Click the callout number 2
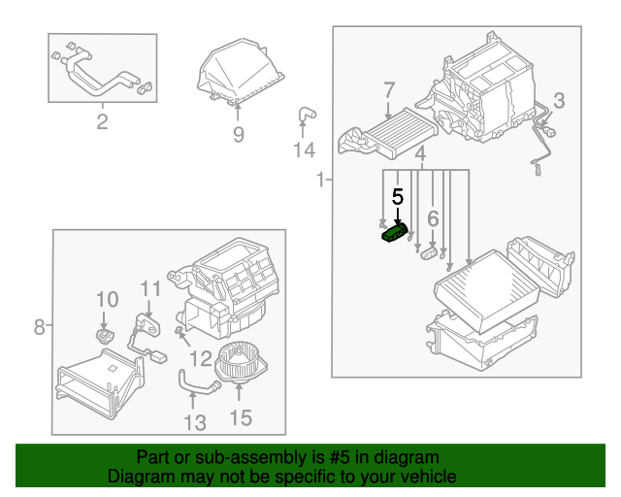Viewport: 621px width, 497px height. [x=102, y=121]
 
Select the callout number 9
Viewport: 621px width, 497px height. [x=238, y=135]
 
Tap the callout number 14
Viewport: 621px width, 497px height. [x=305, y=150]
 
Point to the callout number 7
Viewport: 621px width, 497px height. [x=388, y=91]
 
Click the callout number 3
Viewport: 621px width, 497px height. [x=558, y=100]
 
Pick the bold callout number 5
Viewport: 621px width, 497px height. [x=397, y=196]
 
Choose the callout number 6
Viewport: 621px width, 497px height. [x=433, y=218]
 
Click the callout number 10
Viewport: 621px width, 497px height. [x=107, y=300]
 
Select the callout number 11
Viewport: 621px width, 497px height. [x=148, y=289]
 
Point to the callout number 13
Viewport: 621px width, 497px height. [x=195, y=421]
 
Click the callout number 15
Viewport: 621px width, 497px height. [x=240, y=417]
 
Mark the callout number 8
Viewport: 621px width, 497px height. [x=40, y=327]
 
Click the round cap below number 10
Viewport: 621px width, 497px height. [x=105, y=335]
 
